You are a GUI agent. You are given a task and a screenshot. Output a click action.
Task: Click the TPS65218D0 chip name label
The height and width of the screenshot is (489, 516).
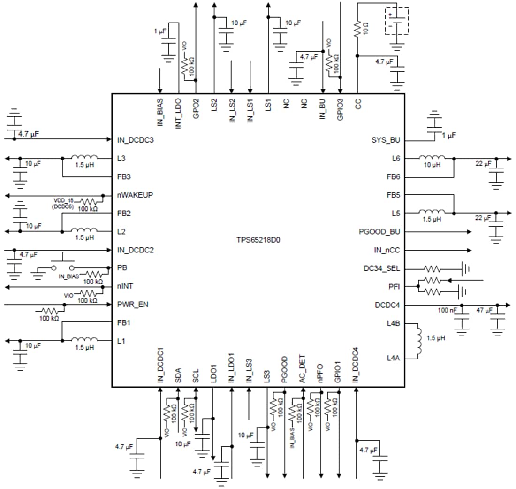[258, 239]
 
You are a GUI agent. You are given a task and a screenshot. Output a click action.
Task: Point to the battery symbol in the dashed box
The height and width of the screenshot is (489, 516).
[397, 20]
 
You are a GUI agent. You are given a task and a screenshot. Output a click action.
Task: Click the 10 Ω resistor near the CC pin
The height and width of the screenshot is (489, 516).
[357, 30]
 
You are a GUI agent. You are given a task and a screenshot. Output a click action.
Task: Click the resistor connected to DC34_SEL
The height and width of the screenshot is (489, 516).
[433, 269]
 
